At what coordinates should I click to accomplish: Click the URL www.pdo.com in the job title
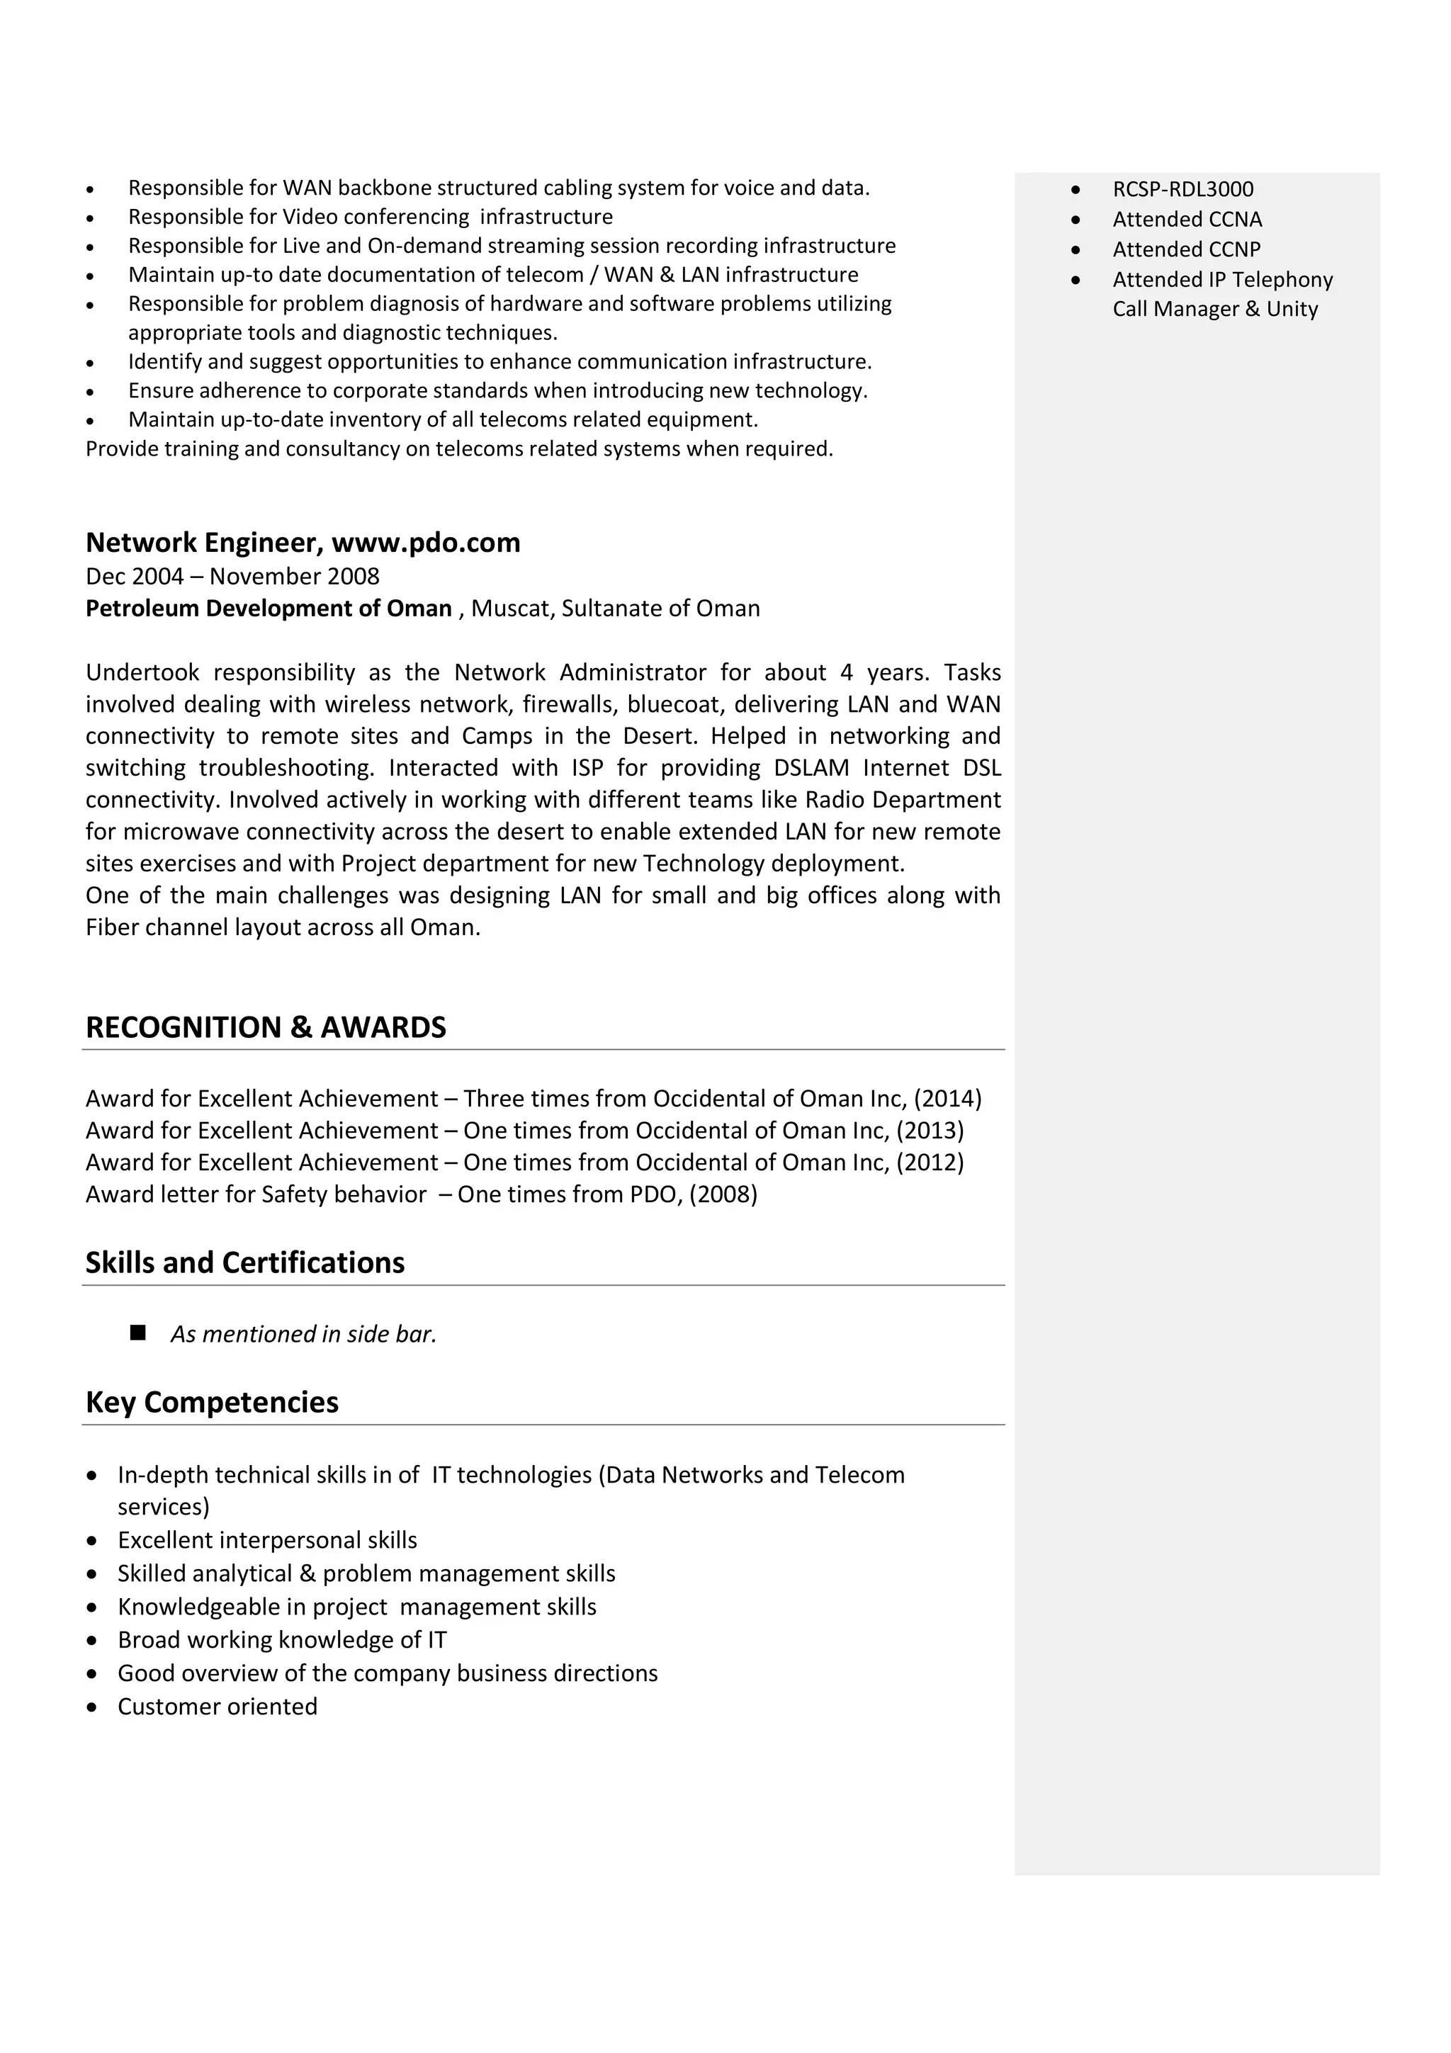pos(426,543)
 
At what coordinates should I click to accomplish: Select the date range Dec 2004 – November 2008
pos(232,577)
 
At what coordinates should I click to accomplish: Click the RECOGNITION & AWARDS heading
pos(266,1027)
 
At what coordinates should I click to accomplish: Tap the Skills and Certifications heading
pos(245,1262)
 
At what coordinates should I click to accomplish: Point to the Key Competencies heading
pos(212,1402)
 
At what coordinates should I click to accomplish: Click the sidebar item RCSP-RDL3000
pos(1182,190)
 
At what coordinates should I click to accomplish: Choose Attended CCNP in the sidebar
pos(1186,249)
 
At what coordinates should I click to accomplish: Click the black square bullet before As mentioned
pos(137,1333)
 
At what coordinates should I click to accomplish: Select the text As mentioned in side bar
pos(304,1334)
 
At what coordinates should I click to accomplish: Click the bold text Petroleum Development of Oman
pos(269,609)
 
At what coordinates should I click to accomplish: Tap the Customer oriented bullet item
pos(218,1706)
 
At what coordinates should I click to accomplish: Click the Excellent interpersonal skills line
pos(267,1540)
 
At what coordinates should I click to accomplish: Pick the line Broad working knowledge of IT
pos(281,1640)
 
